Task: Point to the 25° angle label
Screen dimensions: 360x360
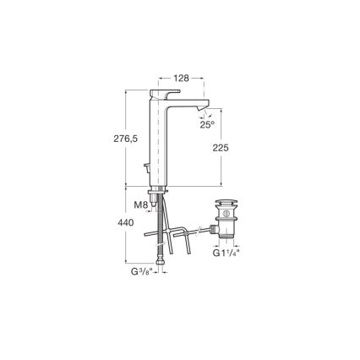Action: coord(206,124)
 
